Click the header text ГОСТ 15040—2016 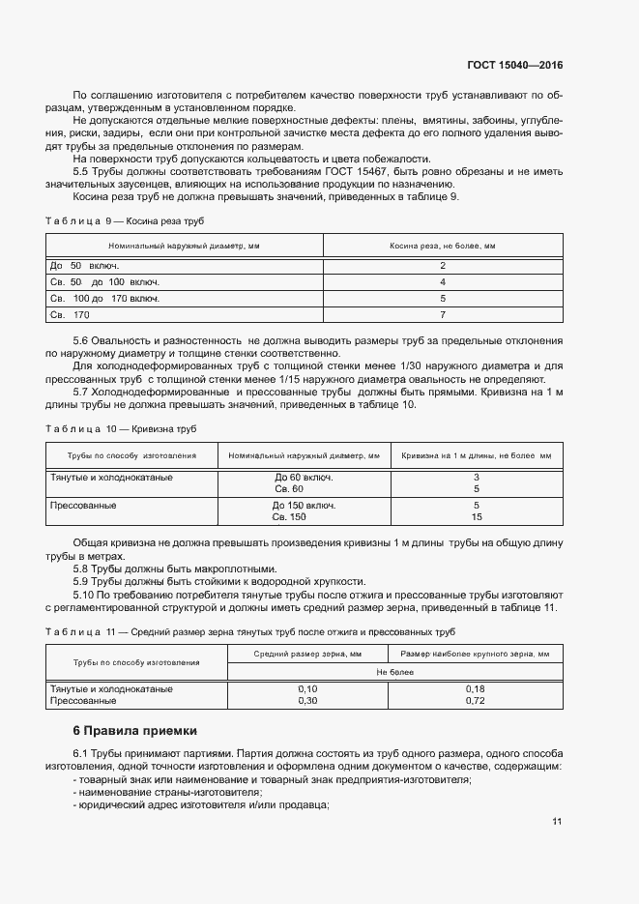(x=516, y=66)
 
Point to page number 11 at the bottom (x=557, y=822)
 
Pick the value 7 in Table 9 (x=442, y=314)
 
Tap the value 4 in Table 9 (x=442, y=281)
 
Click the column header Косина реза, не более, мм (x=442, y=247)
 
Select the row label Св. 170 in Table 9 (x=70, y=314)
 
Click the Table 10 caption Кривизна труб (x=122, y=427)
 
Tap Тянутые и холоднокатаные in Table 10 (x=111, y=478)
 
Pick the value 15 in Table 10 (x=476, y=517)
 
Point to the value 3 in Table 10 (x=476, y=478)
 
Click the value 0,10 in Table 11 (x=307, y=688)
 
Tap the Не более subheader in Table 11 (x=394, y=670)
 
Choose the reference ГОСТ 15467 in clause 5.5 (x=353, y=171)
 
